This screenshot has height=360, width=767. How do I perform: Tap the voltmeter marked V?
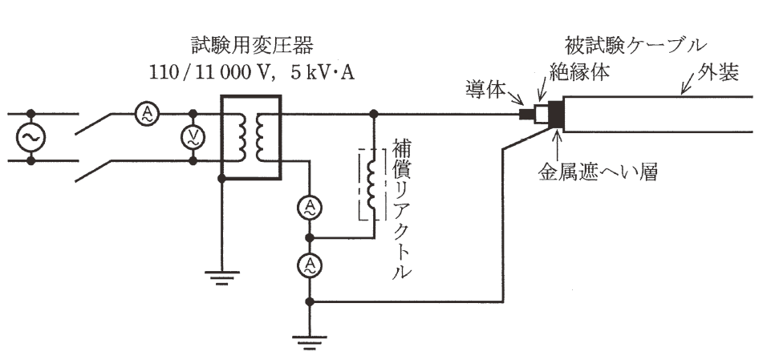point(193,137)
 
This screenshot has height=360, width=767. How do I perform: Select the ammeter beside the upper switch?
point(146,115)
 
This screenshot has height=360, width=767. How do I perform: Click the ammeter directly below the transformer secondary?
point(309,208)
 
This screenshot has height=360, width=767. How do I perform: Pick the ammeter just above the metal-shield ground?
point(309,265)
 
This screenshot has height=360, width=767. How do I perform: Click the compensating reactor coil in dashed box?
point(371,184)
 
